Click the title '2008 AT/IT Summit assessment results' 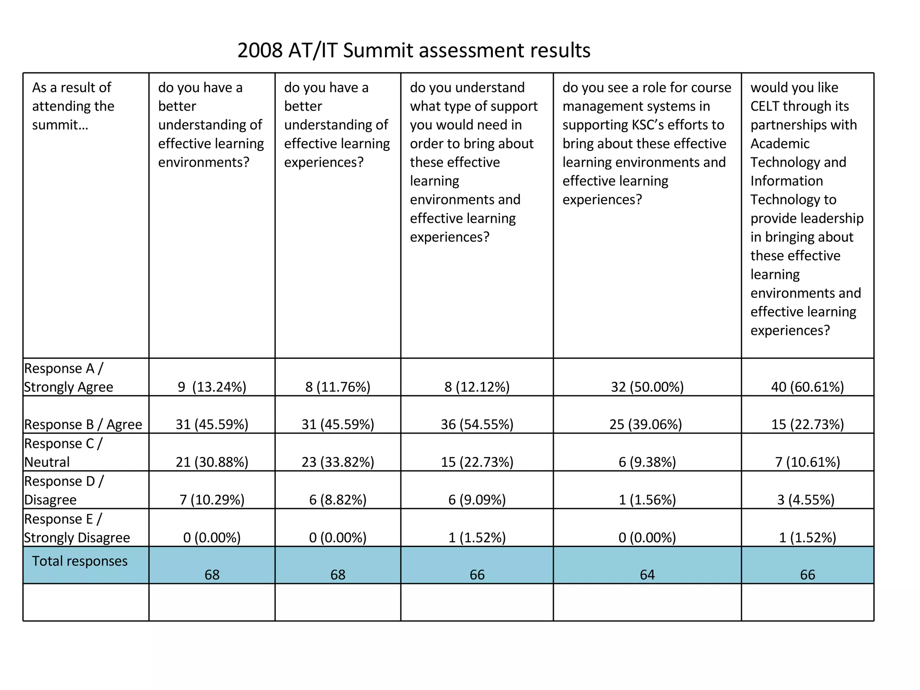coord(414,50)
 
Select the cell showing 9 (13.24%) coord(212,387)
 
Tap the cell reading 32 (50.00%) coord(647,387)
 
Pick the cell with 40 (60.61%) coord(807,387)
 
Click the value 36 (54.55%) coord(477,425)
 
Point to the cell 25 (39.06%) coord(646,425)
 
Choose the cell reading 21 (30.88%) coord(212,462)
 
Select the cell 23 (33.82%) coord(338,462)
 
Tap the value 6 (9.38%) coord(647,462)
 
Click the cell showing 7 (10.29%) coord(212,500)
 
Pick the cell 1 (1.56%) coord(647,500)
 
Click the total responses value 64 coord(647,575)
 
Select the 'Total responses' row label coord(80,561)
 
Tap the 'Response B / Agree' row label coord(83,425)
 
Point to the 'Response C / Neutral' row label coord(63,453)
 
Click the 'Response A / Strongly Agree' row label coord(68,377)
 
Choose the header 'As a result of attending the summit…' coord(73,106)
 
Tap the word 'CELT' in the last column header coord(765,106)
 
